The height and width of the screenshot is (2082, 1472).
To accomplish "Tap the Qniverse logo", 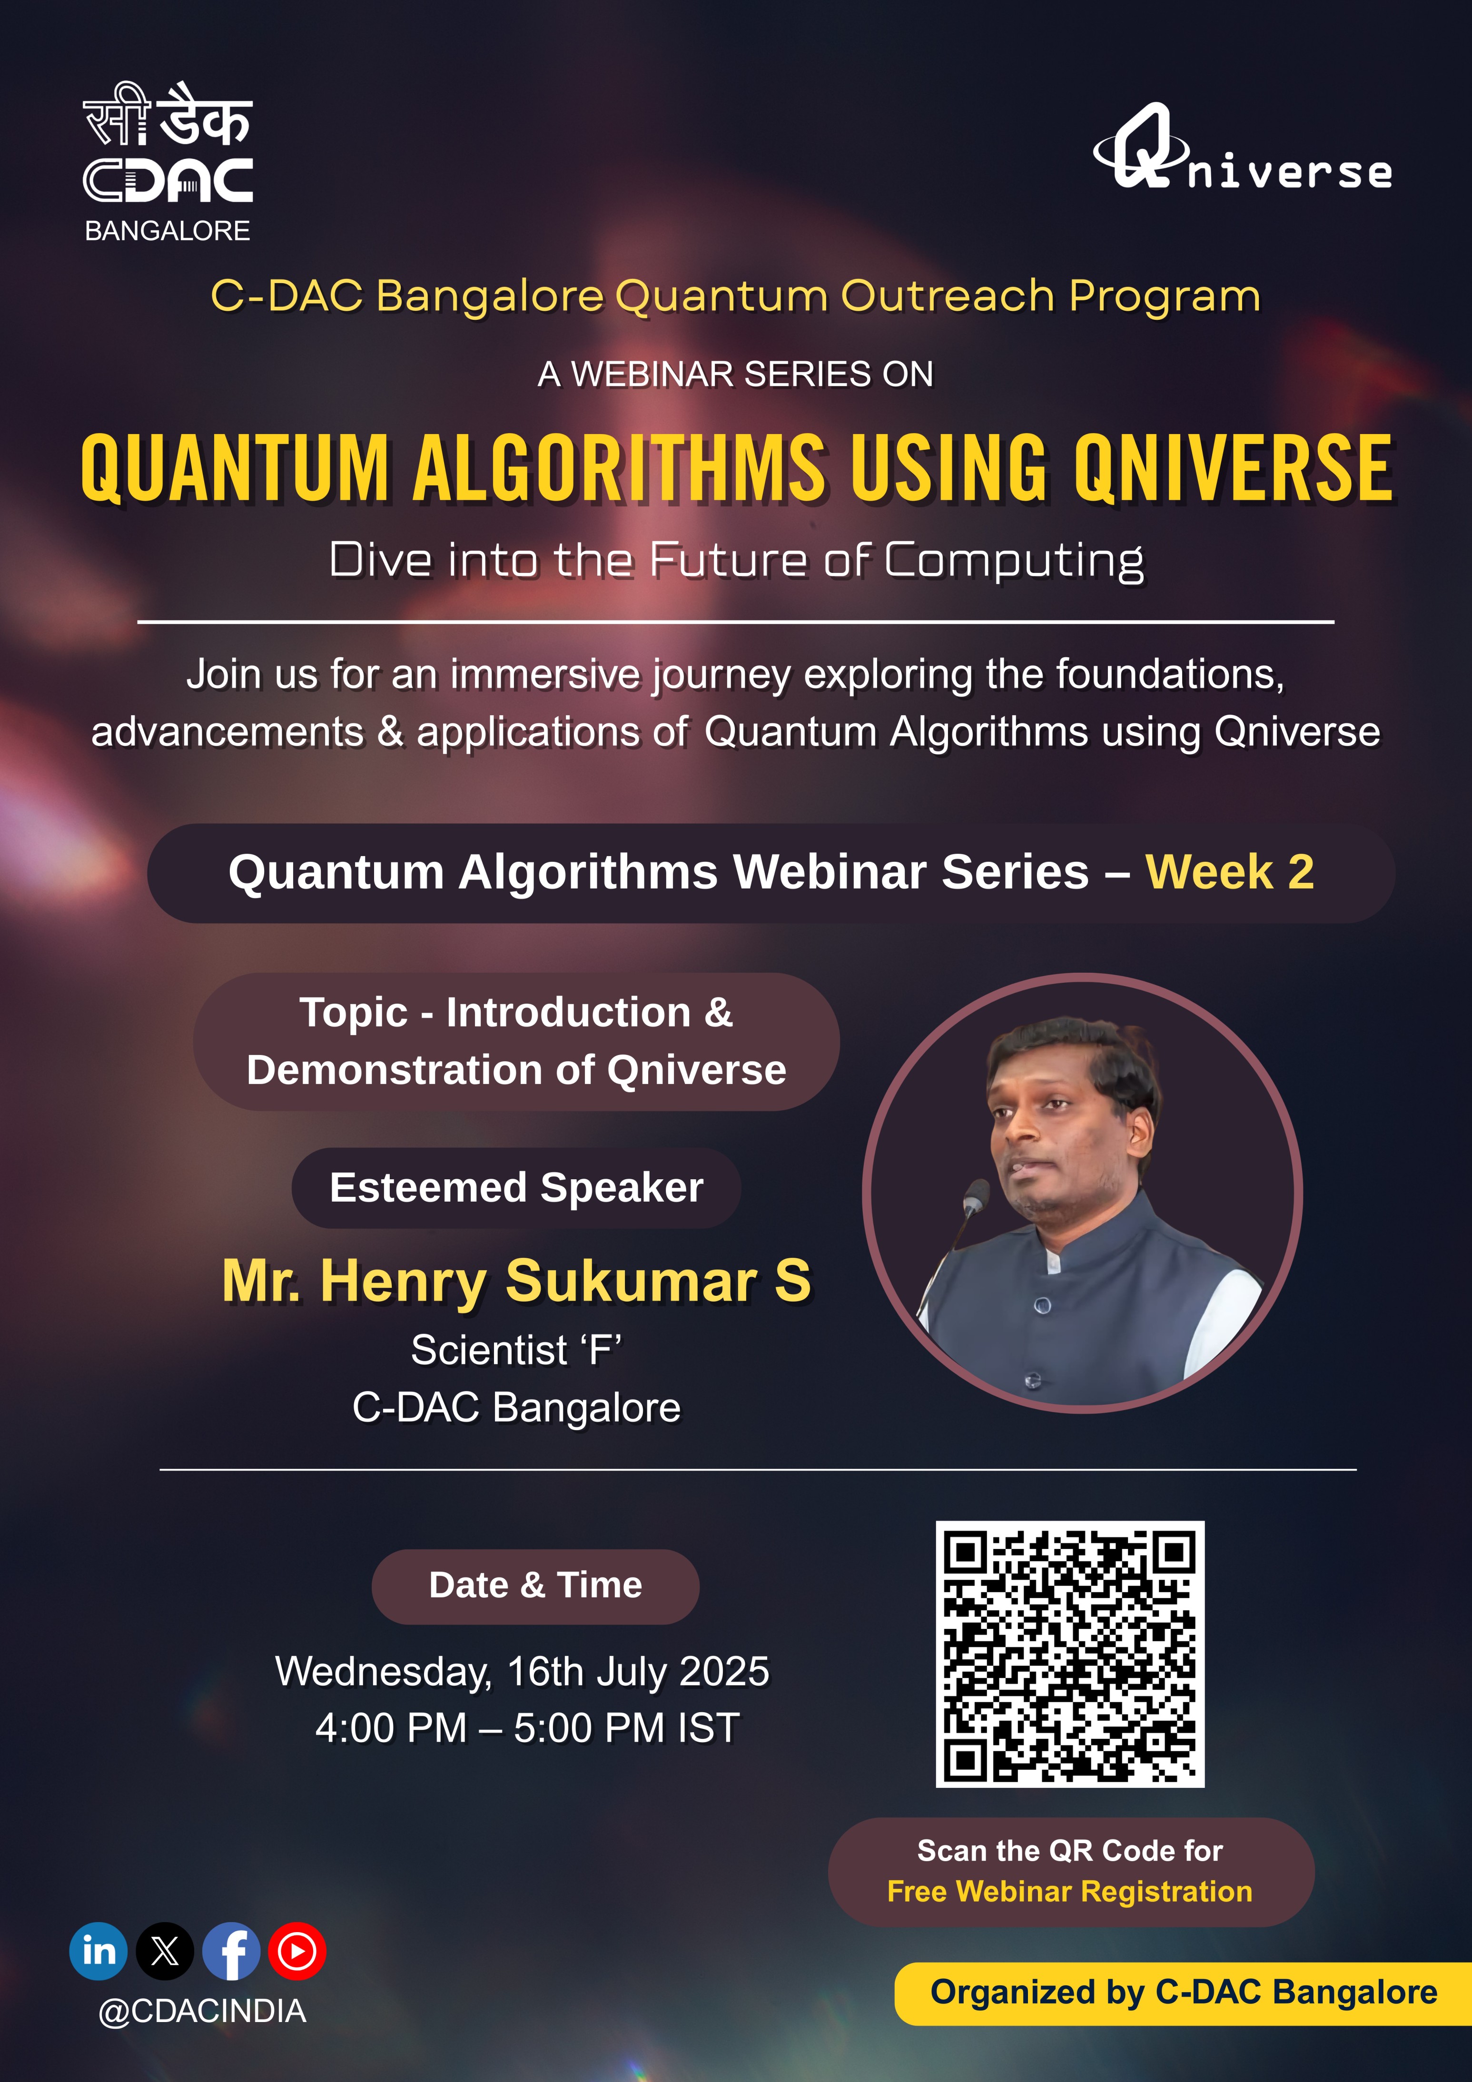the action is click(x=1243, y=147).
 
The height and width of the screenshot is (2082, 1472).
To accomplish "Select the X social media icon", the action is click(x=165, y=1951).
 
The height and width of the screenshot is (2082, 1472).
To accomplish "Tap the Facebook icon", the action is click(x=231, y=1951).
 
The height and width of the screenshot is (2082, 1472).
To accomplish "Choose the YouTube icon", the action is click(x=297, y=1951).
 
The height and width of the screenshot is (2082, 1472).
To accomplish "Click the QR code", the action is click(x=1070, y=1654).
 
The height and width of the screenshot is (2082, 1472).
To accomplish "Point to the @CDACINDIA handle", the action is click(x=202, y=2011).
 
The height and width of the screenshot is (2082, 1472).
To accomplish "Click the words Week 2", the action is click(x=1230, y=872).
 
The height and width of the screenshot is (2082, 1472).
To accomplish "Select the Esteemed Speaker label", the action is click(x=516, y=1188).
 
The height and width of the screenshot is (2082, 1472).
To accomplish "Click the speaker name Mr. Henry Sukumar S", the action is click(x=517, y=1281).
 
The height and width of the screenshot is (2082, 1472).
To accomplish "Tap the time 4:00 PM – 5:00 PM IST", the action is click(x=528, y=1727).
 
